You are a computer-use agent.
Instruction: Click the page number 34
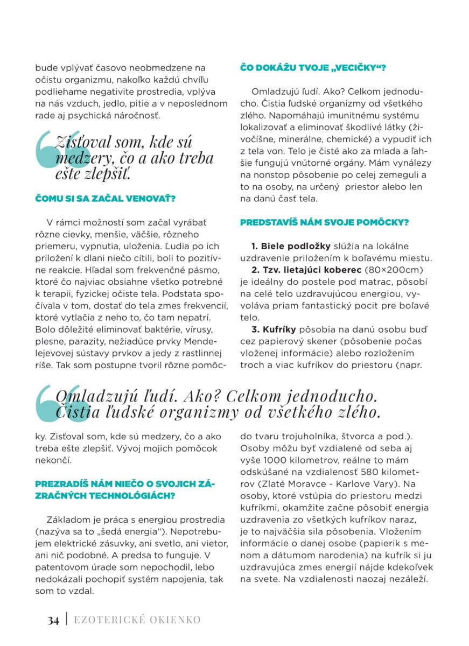tap(52, 620)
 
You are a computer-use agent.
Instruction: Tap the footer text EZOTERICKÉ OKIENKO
tap(137, 620)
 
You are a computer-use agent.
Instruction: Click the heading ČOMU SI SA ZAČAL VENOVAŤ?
tap(106, 199)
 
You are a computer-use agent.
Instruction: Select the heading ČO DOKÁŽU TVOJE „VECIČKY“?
tap(313, 68)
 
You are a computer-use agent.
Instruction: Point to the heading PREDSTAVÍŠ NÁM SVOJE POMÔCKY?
tap(324, 222)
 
